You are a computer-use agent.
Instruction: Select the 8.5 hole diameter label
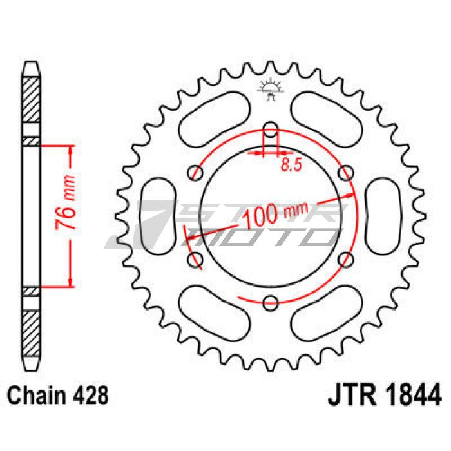tap(291, 165)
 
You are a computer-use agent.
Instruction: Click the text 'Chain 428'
tap(57, 395)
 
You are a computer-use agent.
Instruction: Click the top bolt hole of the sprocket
tap(271, 129)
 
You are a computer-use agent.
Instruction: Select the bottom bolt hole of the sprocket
tap(271, 303)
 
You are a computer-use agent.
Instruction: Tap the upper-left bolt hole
tap(195, 173)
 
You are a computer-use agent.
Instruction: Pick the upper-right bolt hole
tap(346, 173)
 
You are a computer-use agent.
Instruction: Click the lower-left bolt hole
tap(195, 260)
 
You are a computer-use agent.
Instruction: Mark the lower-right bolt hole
tap(346, 260)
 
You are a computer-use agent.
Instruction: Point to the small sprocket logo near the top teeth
tap(271, 89)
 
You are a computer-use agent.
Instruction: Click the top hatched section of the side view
tap(31, 100)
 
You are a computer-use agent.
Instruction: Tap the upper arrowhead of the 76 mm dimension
tap(70, 150)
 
